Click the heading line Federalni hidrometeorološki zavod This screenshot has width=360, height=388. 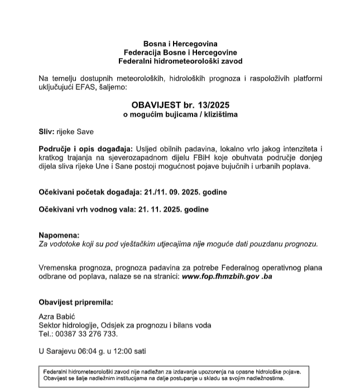[180, 60]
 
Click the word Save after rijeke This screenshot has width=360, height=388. [86, 132]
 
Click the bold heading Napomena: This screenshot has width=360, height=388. [59, 236]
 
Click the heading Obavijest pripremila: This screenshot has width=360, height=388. [76, 303]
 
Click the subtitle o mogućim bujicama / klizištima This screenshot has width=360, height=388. [180, 114]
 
